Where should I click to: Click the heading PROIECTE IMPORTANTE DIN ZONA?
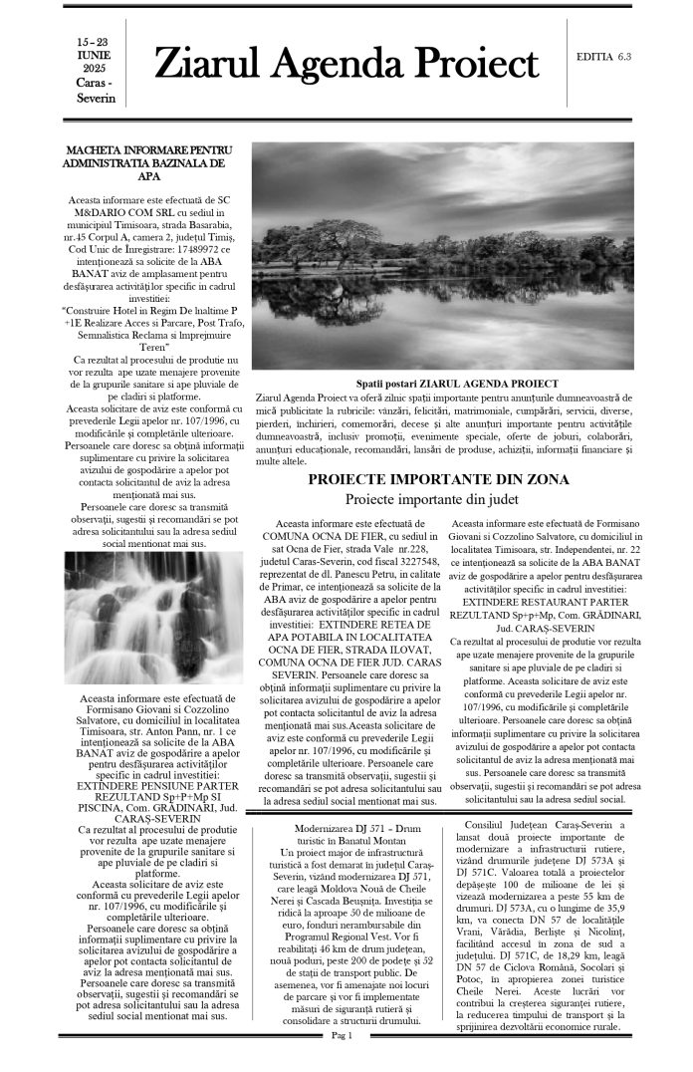439,479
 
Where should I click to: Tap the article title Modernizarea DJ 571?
343,827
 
